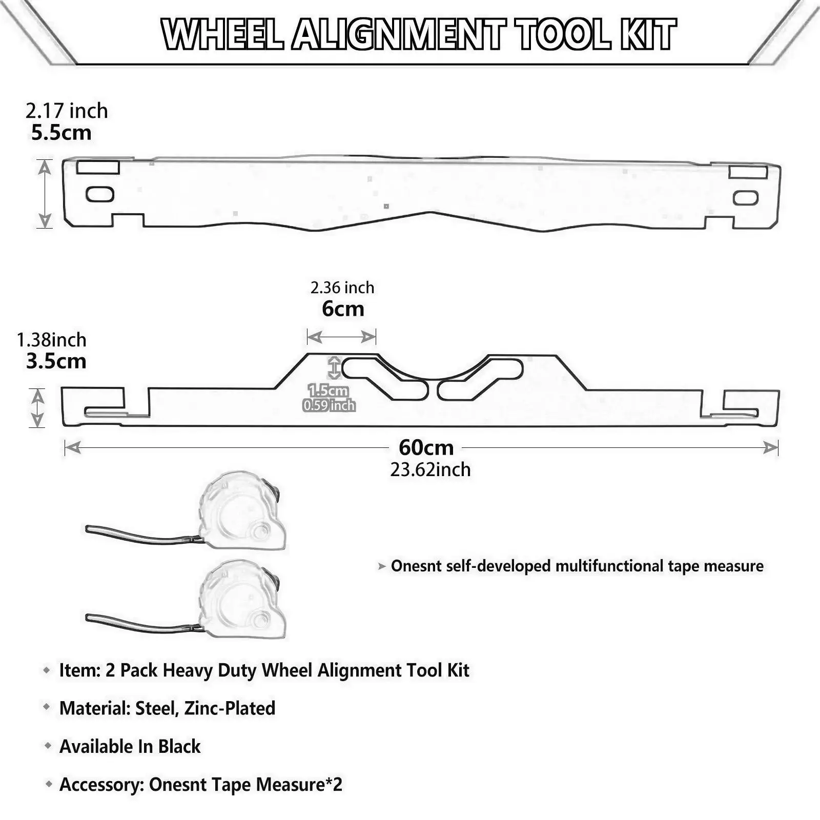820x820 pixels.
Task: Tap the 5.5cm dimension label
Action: [61, 133]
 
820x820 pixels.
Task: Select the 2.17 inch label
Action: [67, 111]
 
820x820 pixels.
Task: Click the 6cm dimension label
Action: [343, 309]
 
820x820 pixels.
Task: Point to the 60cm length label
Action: [426, 447]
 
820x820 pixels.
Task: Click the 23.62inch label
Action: [430, 469]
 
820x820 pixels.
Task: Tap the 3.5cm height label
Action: [56, 361]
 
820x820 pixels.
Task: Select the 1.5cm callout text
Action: [328, 391]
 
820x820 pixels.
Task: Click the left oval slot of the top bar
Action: [100, 194]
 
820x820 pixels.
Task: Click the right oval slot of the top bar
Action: [746, 198]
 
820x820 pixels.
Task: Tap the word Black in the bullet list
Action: [179, 746]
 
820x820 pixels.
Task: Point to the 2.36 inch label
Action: [342, 288]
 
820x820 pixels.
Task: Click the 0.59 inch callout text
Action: [329, 406]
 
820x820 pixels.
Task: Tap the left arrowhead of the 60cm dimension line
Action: [72, 448]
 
